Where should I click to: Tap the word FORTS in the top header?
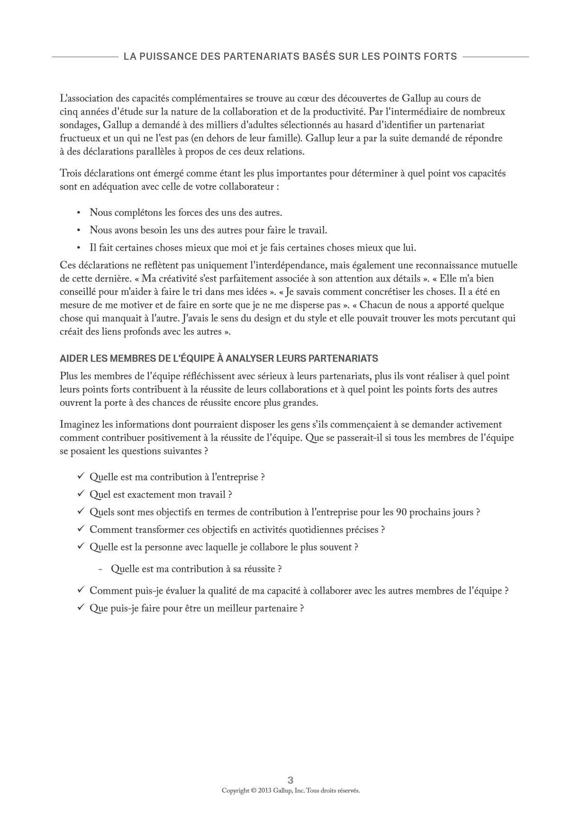(x=441, y=56)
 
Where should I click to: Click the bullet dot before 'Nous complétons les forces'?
(x=79, y=213)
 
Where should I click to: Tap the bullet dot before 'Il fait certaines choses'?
(x=79, y=248)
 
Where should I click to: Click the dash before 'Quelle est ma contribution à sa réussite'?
(x=100, y=569)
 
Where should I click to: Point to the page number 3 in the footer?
(x=290, y=780)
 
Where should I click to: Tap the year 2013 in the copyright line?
(x=265, y=791)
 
